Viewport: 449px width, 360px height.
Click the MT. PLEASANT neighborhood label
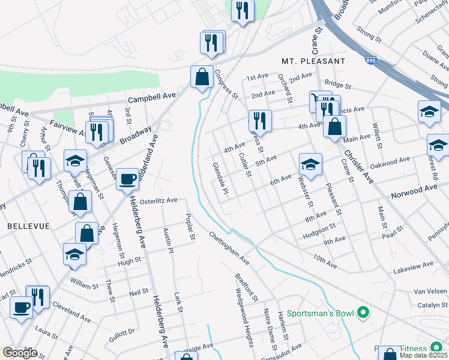pyautogui.click(x=313, y=61)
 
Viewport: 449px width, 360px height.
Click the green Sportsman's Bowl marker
pyautogui.click(x=362, y=313)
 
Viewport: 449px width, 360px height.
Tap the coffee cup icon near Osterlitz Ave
pyautogui.click(x=127, y=179)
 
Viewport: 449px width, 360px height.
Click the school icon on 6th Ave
pyautogui.click(x=310, y=165)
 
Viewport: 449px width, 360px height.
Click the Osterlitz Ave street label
pyautogui.click(x=156, y=200)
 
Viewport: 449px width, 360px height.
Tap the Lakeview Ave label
pyautogui.click(x=412, y=265)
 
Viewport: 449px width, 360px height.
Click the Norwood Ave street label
pyautogui.click(x=414, y=191)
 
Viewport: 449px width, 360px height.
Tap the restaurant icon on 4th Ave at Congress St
pyautogui.click(x=260, y=122)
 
